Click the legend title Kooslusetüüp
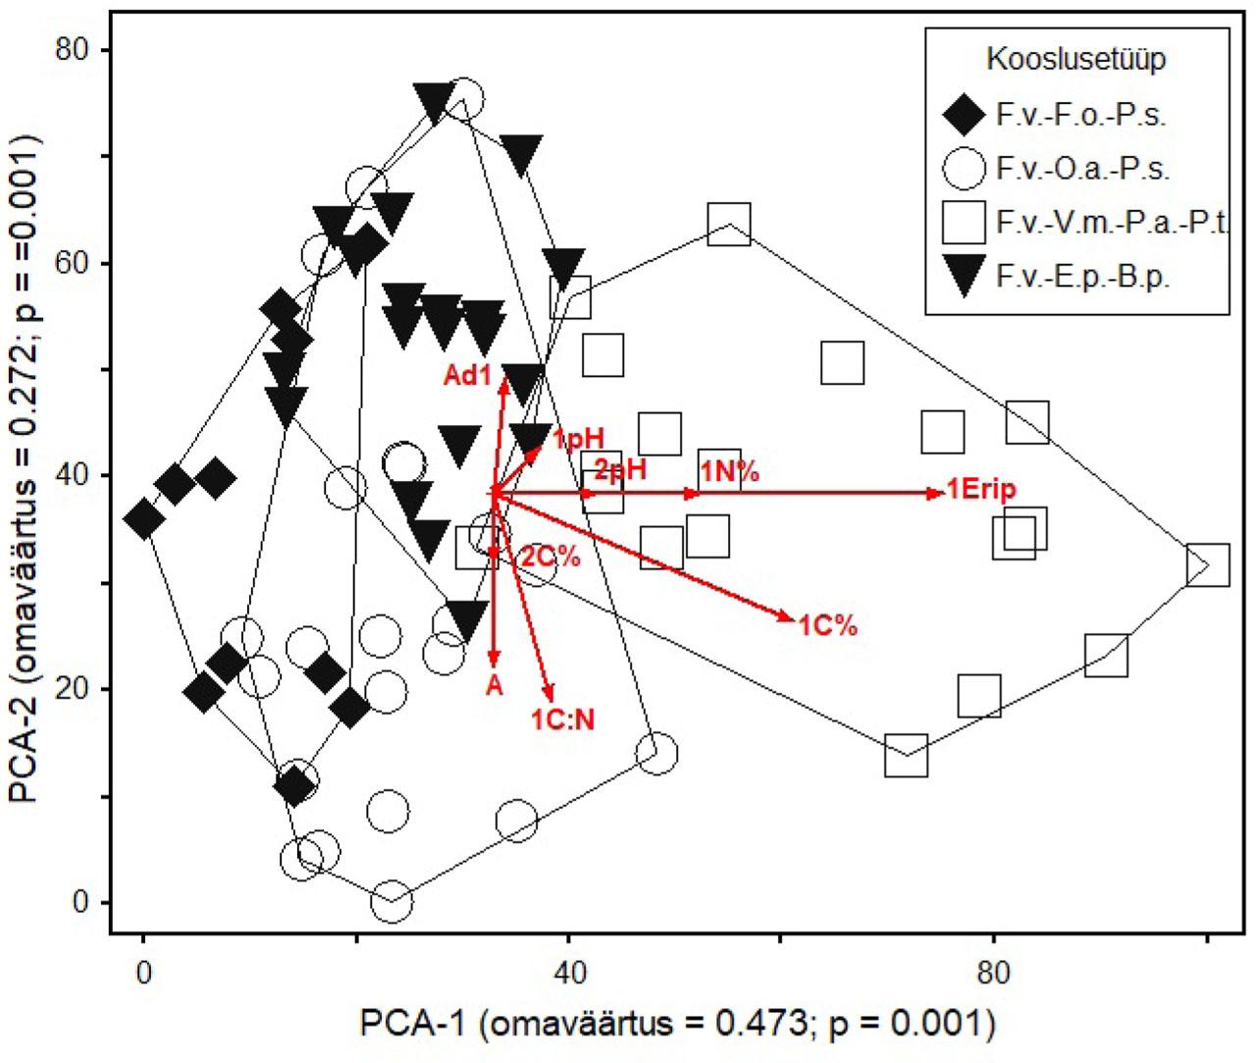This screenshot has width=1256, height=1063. tap(1075, 60)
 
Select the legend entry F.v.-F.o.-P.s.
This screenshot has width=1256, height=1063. tap(1080, 115)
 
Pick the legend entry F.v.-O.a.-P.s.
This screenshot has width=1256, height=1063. tap(1082, 169)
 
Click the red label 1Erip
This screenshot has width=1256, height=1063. tap(981, 490)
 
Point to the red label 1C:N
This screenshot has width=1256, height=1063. tap(563, 719)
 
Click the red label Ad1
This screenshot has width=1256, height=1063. tap(466, 375)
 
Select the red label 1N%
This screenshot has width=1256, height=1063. tap(730, 471)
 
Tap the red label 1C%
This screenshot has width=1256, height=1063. tap(827, 625)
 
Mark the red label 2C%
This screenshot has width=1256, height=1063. tap(550, 557)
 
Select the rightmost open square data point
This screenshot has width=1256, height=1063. tap(1207, 565)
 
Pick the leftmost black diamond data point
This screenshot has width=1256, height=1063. tap(144, 518)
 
